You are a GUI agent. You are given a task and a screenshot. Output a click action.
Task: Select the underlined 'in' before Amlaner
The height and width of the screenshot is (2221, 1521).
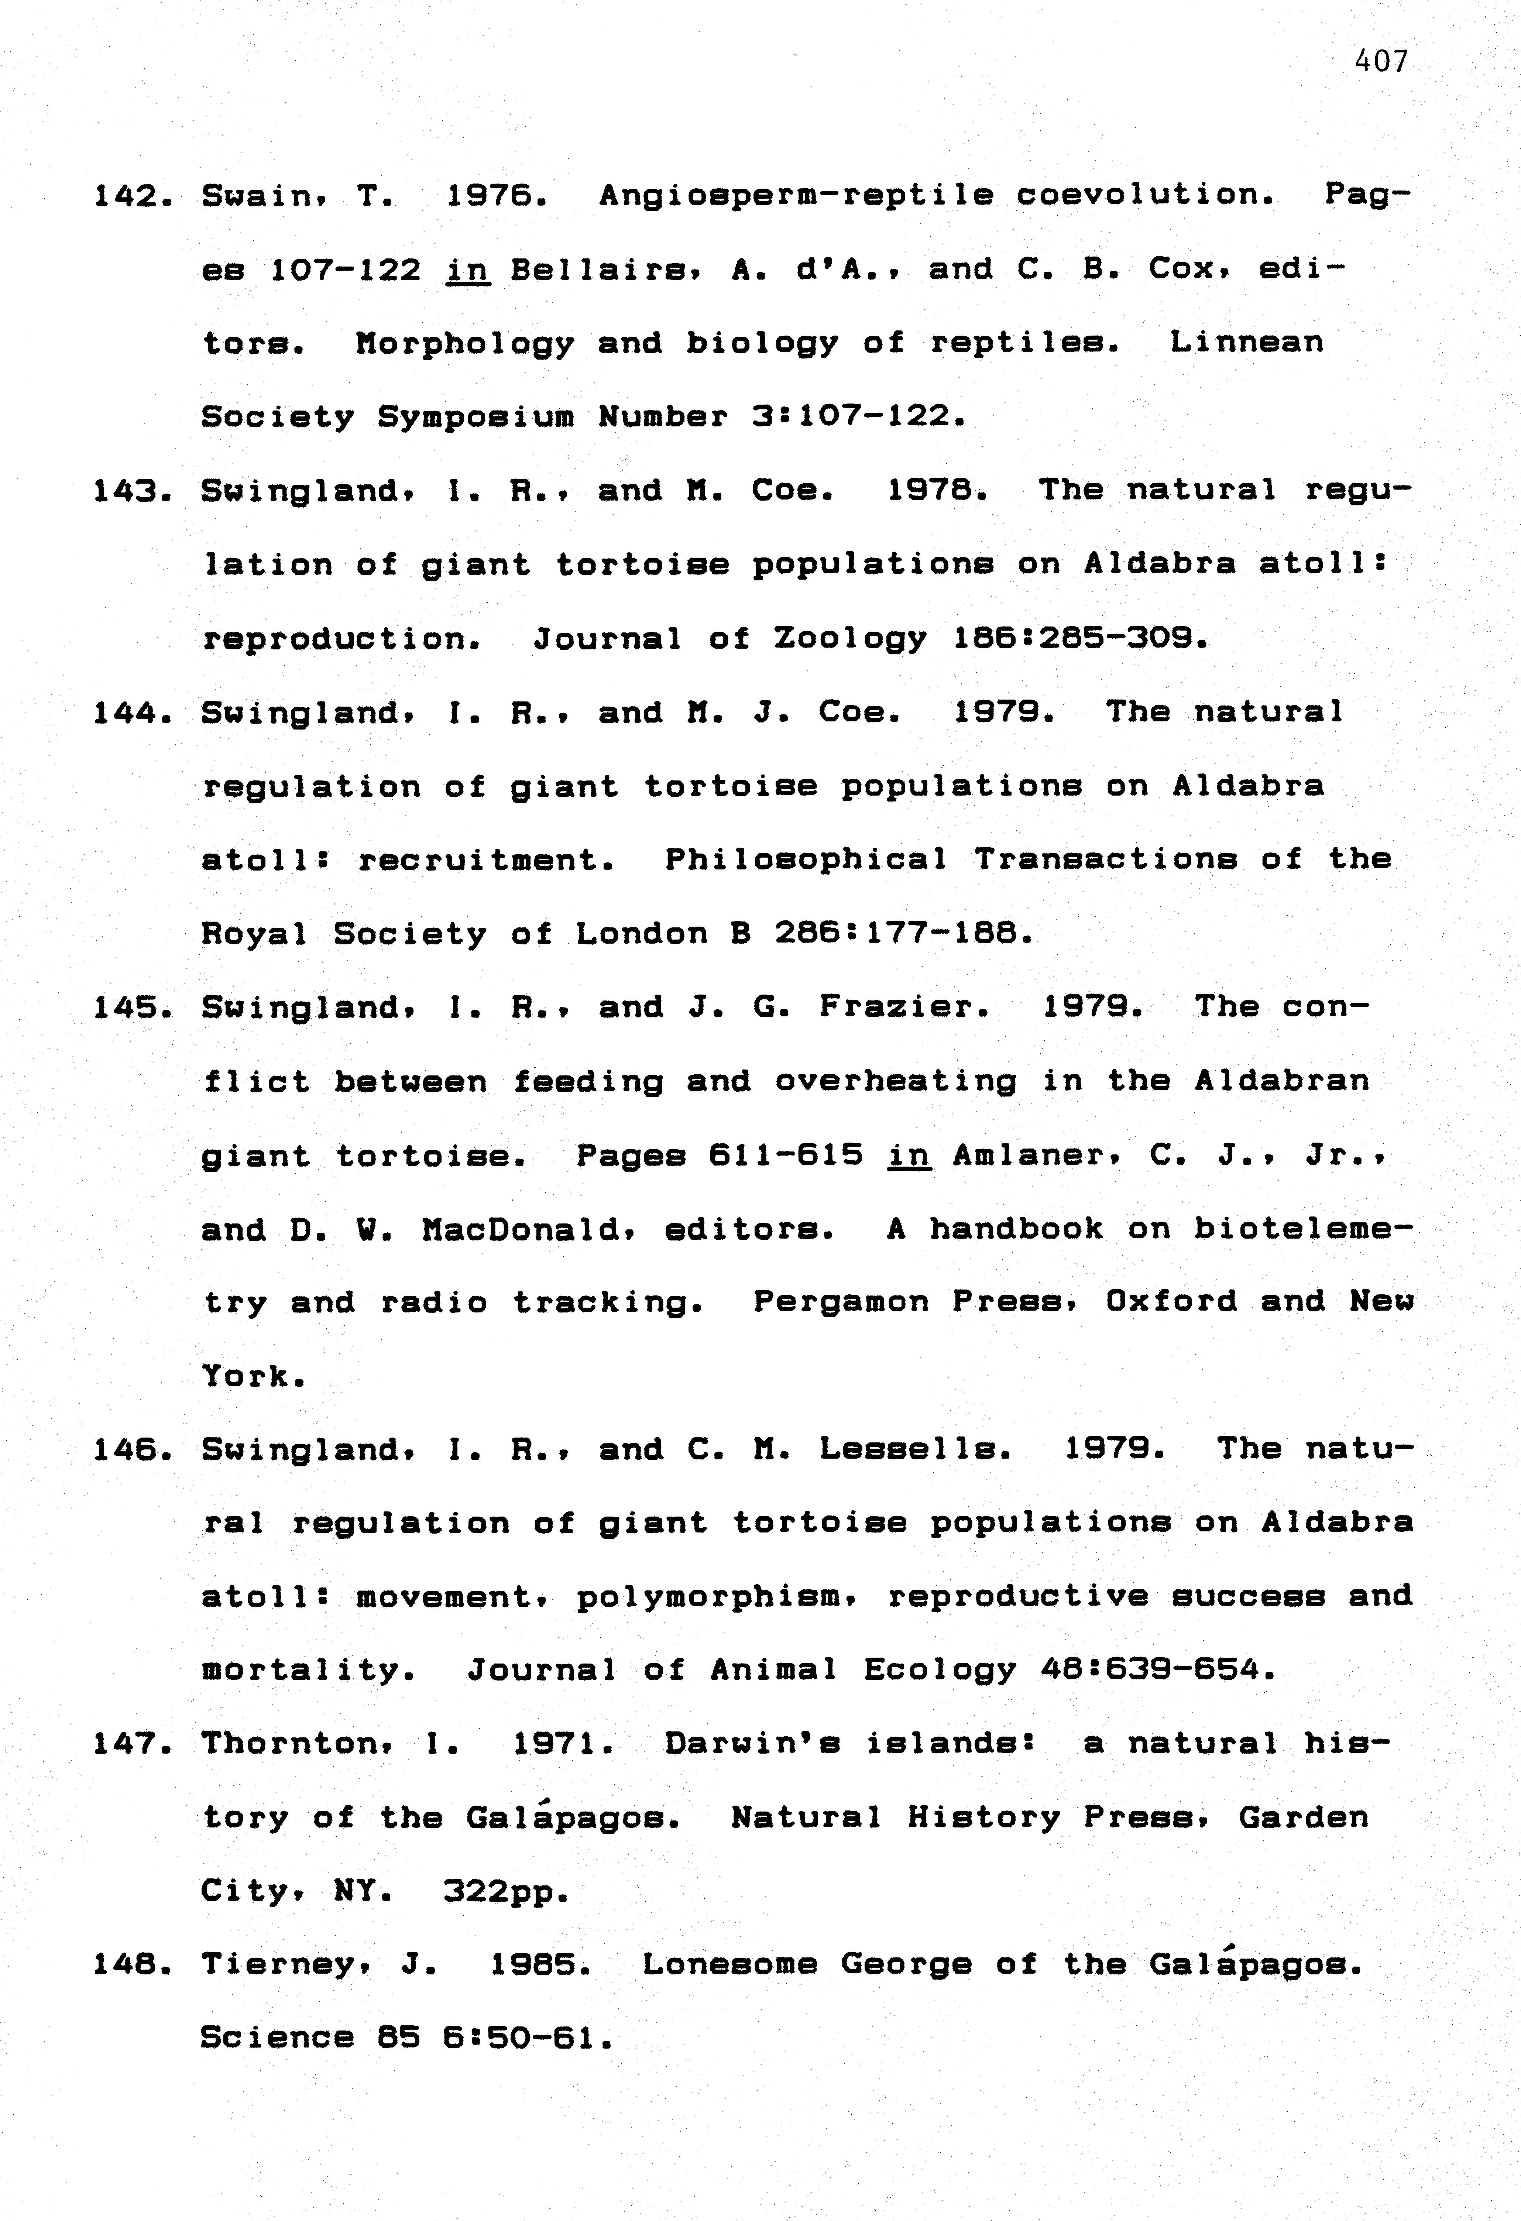click(x=909, y=1156)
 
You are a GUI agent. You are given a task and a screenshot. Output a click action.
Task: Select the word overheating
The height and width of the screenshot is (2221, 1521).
click(x=895, y=1082)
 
